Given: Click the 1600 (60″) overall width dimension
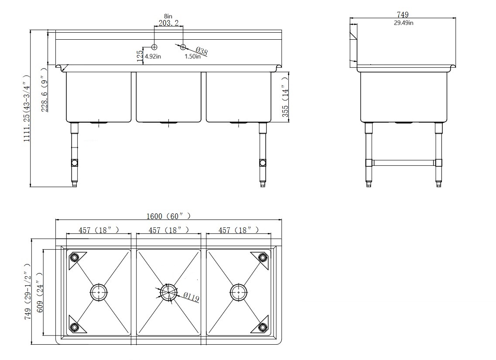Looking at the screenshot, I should [168, 216].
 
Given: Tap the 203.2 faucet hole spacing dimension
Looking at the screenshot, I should [168, 23].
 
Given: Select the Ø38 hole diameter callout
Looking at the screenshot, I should [201, 51].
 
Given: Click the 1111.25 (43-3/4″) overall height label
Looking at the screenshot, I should [26, 109].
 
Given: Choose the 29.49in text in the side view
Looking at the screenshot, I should [404, 23].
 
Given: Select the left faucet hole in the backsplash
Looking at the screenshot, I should [154, 47].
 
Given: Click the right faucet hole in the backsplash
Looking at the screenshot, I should [183, 47].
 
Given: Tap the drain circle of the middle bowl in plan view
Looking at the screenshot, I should [168, 291].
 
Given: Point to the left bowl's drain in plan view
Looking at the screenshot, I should [99, 291].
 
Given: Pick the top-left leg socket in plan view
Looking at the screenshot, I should [75, 257].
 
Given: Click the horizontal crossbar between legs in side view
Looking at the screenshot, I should [404, 163].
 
